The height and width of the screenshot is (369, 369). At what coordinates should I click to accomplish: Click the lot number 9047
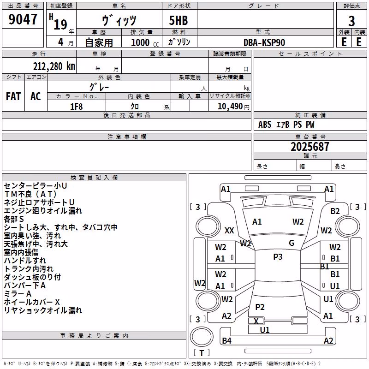(x=23, y=19)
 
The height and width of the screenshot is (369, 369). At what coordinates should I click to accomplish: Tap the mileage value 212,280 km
(x=54, y=66)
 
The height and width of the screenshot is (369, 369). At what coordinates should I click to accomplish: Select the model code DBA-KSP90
(x=264, y=42)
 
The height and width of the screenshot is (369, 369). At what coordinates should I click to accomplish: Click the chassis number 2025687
(x=309, y=147)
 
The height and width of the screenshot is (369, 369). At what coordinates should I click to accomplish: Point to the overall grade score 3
(x=351, y=21)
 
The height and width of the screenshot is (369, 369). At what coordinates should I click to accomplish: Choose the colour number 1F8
(x=77, y=107)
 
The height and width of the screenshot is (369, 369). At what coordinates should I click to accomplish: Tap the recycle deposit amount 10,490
(x=230, y=107)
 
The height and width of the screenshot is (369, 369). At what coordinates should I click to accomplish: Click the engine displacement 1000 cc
(x=145, y=42)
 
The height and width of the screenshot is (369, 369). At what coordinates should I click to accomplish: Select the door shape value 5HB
(x=179, y=20)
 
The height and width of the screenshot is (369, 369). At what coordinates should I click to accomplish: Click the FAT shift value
(x=13, y=96)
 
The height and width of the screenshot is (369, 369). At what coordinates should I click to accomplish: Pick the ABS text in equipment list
(x=265, y=125)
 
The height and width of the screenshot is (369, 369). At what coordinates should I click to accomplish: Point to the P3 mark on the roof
(x=278, y=257)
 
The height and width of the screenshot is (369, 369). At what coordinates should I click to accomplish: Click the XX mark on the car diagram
(x=229, y=230)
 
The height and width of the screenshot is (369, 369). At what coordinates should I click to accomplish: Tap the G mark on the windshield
(x=292, y=243)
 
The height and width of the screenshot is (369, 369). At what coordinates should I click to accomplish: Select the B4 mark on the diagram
(x=226, y=340)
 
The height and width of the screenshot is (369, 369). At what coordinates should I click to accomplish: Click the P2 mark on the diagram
(x=260, y=307)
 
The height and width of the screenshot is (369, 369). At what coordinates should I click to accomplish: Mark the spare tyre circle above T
(x=202, y=337)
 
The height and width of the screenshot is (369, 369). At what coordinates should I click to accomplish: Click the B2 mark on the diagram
(x=335, y=211)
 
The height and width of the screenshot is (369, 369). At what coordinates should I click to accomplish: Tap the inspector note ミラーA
(x=18, y=294)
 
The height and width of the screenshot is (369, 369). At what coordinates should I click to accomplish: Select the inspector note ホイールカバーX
(x=32, y=302)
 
